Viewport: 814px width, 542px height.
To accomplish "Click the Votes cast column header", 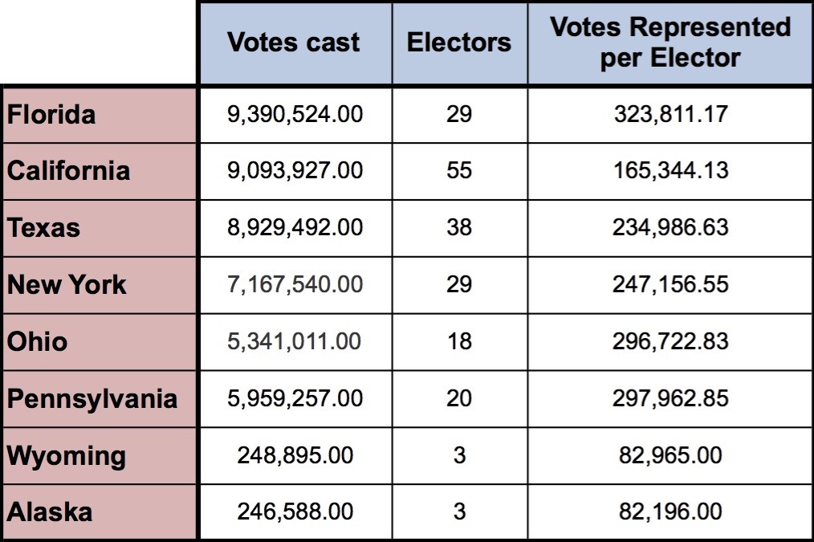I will pos(294,43).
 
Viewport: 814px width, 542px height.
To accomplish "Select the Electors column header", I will pos(459,43).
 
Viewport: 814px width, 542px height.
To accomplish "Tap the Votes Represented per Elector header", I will pos(670,43).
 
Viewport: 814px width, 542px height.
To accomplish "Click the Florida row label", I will pos(51,114).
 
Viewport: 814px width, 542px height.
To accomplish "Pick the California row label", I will pos(68,171).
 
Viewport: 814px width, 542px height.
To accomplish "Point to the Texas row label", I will pos(44,228).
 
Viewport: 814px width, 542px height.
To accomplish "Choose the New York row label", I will pos(67,285).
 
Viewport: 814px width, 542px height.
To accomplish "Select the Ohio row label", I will pos(38,342).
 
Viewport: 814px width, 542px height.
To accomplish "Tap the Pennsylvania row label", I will pos(92,399).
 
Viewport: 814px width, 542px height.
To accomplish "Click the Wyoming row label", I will pos(67,456).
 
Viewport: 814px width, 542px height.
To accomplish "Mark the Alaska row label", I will pos(50,512).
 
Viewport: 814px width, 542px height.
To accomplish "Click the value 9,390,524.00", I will pos(295,114).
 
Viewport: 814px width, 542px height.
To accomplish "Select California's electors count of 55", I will pos(459,171).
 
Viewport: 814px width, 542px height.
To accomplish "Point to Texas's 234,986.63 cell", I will pos(670,228).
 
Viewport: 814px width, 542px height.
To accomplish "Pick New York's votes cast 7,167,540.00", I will pos(295,285).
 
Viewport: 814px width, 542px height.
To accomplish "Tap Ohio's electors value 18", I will pos(459,342).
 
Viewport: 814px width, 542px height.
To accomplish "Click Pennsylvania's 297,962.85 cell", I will pos(670,399).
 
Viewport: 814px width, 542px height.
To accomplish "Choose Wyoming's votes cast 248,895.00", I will pos(295,456).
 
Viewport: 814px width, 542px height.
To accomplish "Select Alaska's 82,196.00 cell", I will pos(670,512).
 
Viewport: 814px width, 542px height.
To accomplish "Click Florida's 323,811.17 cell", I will pos(670,114).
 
